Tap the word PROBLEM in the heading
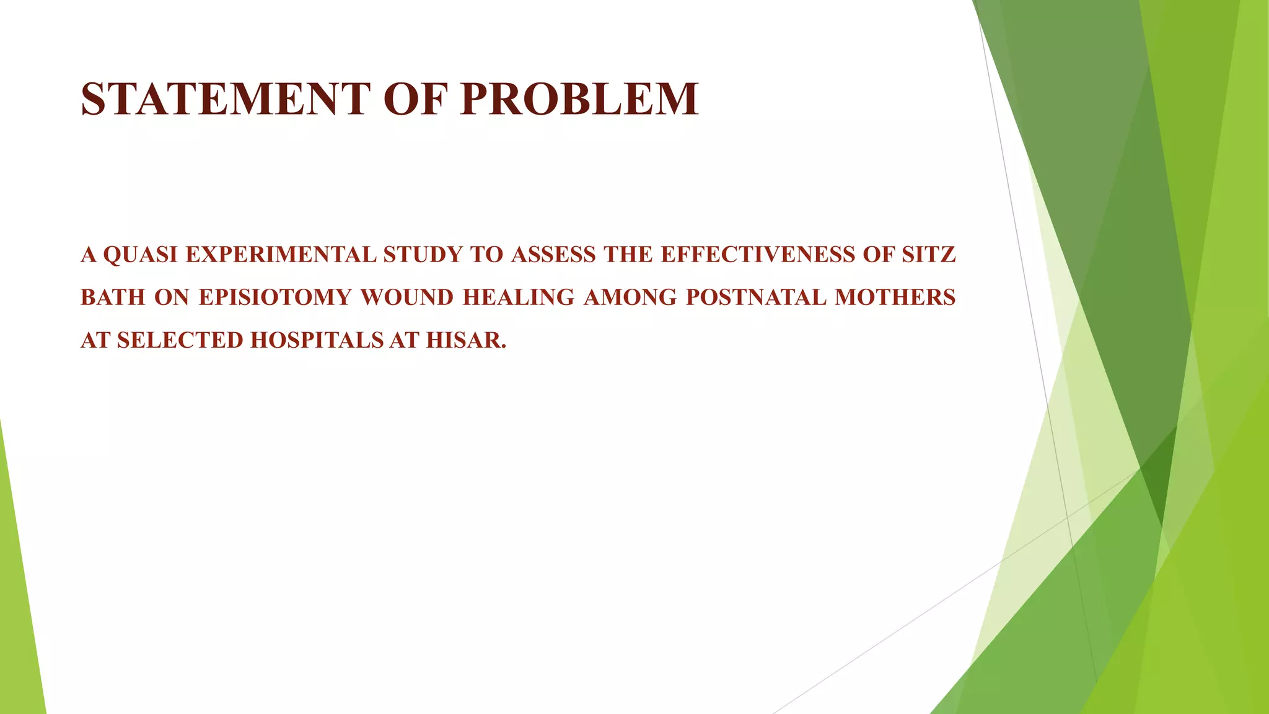click(579, 99)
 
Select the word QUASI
click(141, 255)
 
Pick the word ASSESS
click(553, 255)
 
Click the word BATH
click(113, 297)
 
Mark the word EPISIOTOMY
click(275, 297)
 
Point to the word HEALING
click(519, 297)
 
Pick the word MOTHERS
click(895, 297)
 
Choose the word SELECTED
click(180, 340)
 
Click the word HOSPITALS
click(317, 340)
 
